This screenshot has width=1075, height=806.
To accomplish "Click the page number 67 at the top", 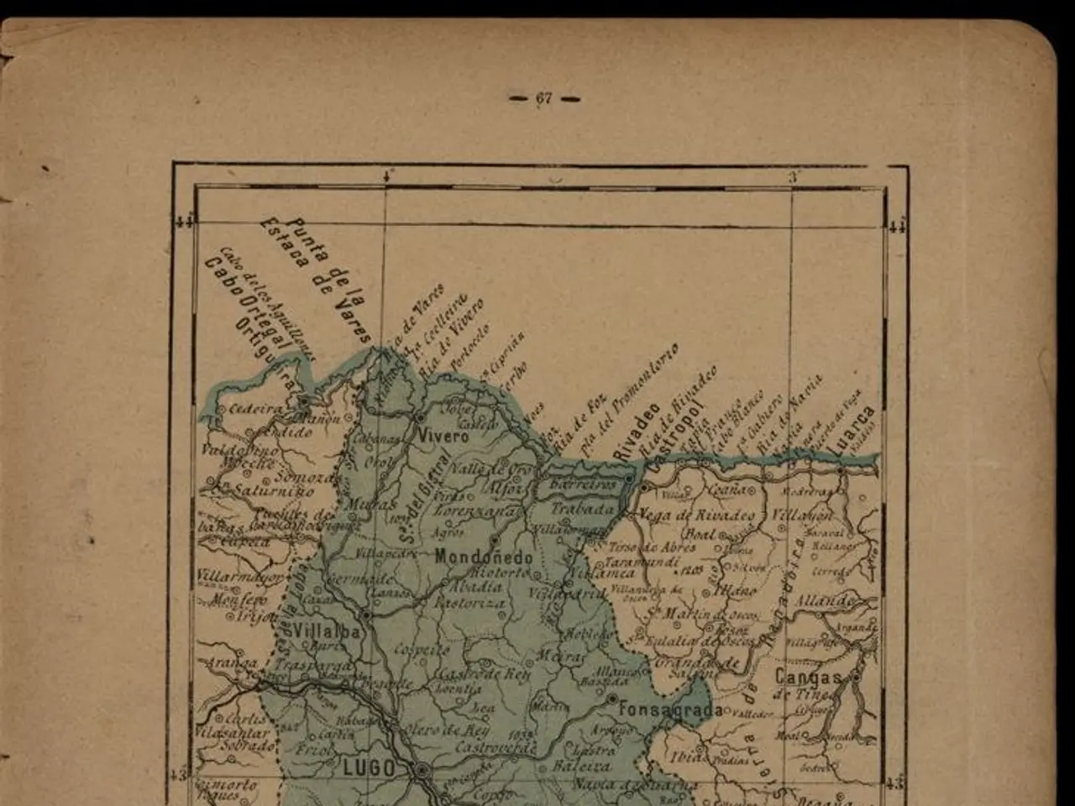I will click(544, 99).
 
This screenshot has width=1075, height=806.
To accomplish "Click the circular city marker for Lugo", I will click(422, 769).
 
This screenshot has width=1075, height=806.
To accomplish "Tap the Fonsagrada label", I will click(670, 710).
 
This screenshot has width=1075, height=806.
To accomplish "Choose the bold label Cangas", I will click(808, 677).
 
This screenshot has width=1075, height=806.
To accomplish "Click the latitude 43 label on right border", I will click(896, 783).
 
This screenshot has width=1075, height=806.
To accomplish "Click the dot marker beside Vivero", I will click(419, 417).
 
